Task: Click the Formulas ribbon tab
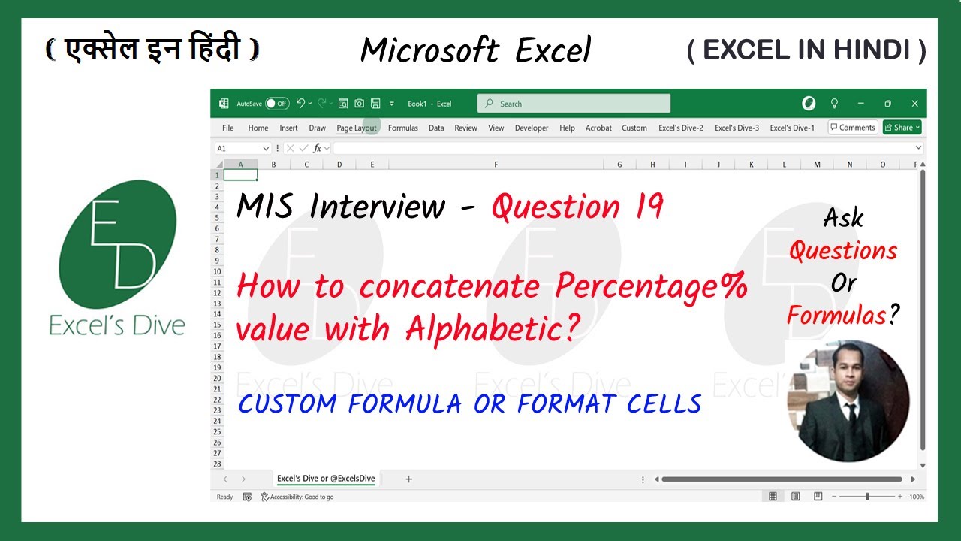coord(402,128)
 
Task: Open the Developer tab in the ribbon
coord(532,128)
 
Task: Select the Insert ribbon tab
coord(288,128)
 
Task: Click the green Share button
coord(902,128)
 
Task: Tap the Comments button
coord(852,128)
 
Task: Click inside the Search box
coord(574,104)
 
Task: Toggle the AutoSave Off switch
coord(277,104)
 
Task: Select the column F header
coord(496,164)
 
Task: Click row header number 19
coord(217,368)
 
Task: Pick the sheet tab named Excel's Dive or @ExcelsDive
coord(326,479)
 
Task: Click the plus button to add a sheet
coord(408,479)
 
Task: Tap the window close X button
coord(914,104)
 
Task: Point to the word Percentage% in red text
coord(651,288)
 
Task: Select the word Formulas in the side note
coord(836,316)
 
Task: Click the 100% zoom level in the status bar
coord(916,497)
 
